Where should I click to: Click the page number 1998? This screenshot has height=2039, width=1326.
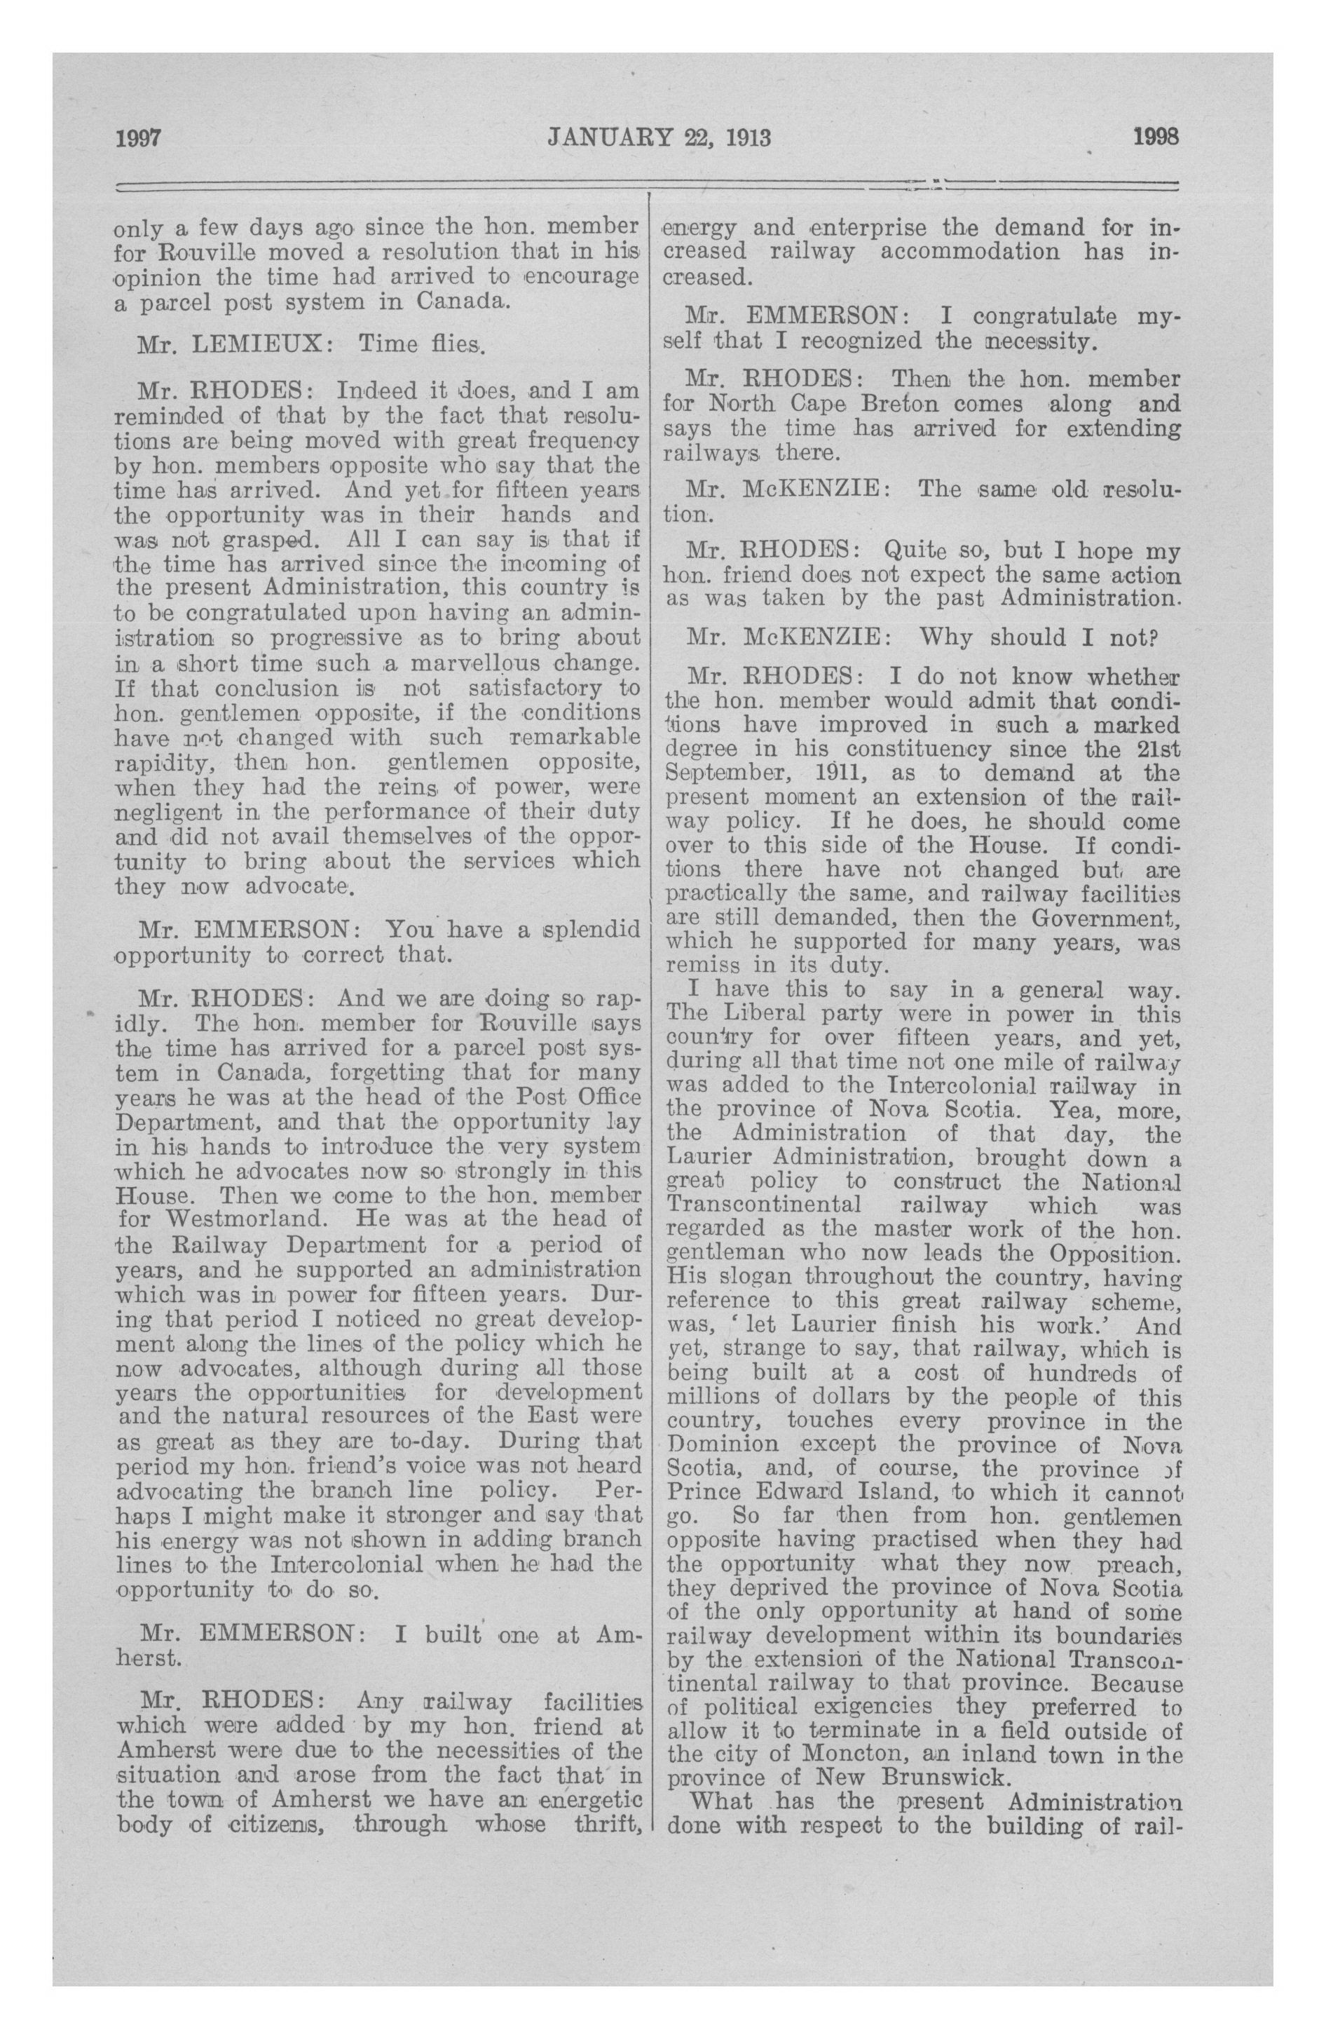click(1156, 137)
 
